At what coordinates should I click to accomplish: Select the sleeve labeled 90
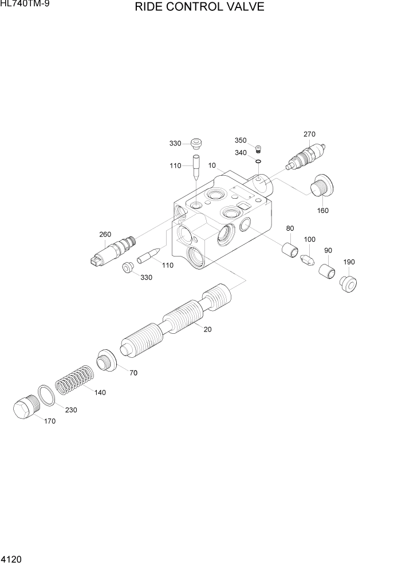click(x=328, y=271)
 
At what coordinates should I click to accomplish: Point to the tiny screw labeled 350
click(x=258, y=150)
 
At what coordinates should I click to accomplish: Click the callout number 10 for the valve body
click(x=212, y=165)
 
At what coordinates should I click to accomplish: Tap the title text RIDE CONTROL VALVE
click(x=199, y=7)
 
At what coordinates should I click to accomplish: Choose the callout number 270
click(x=309, y=134)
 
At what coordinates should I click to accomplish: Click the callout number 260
click(x=105, y=234)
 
